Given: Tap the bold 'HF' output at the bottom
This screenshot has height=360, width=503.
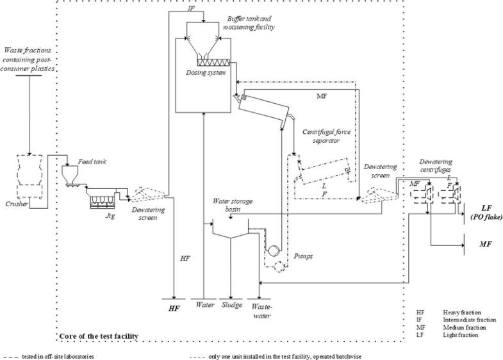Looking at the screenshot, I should coord(174,309).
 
